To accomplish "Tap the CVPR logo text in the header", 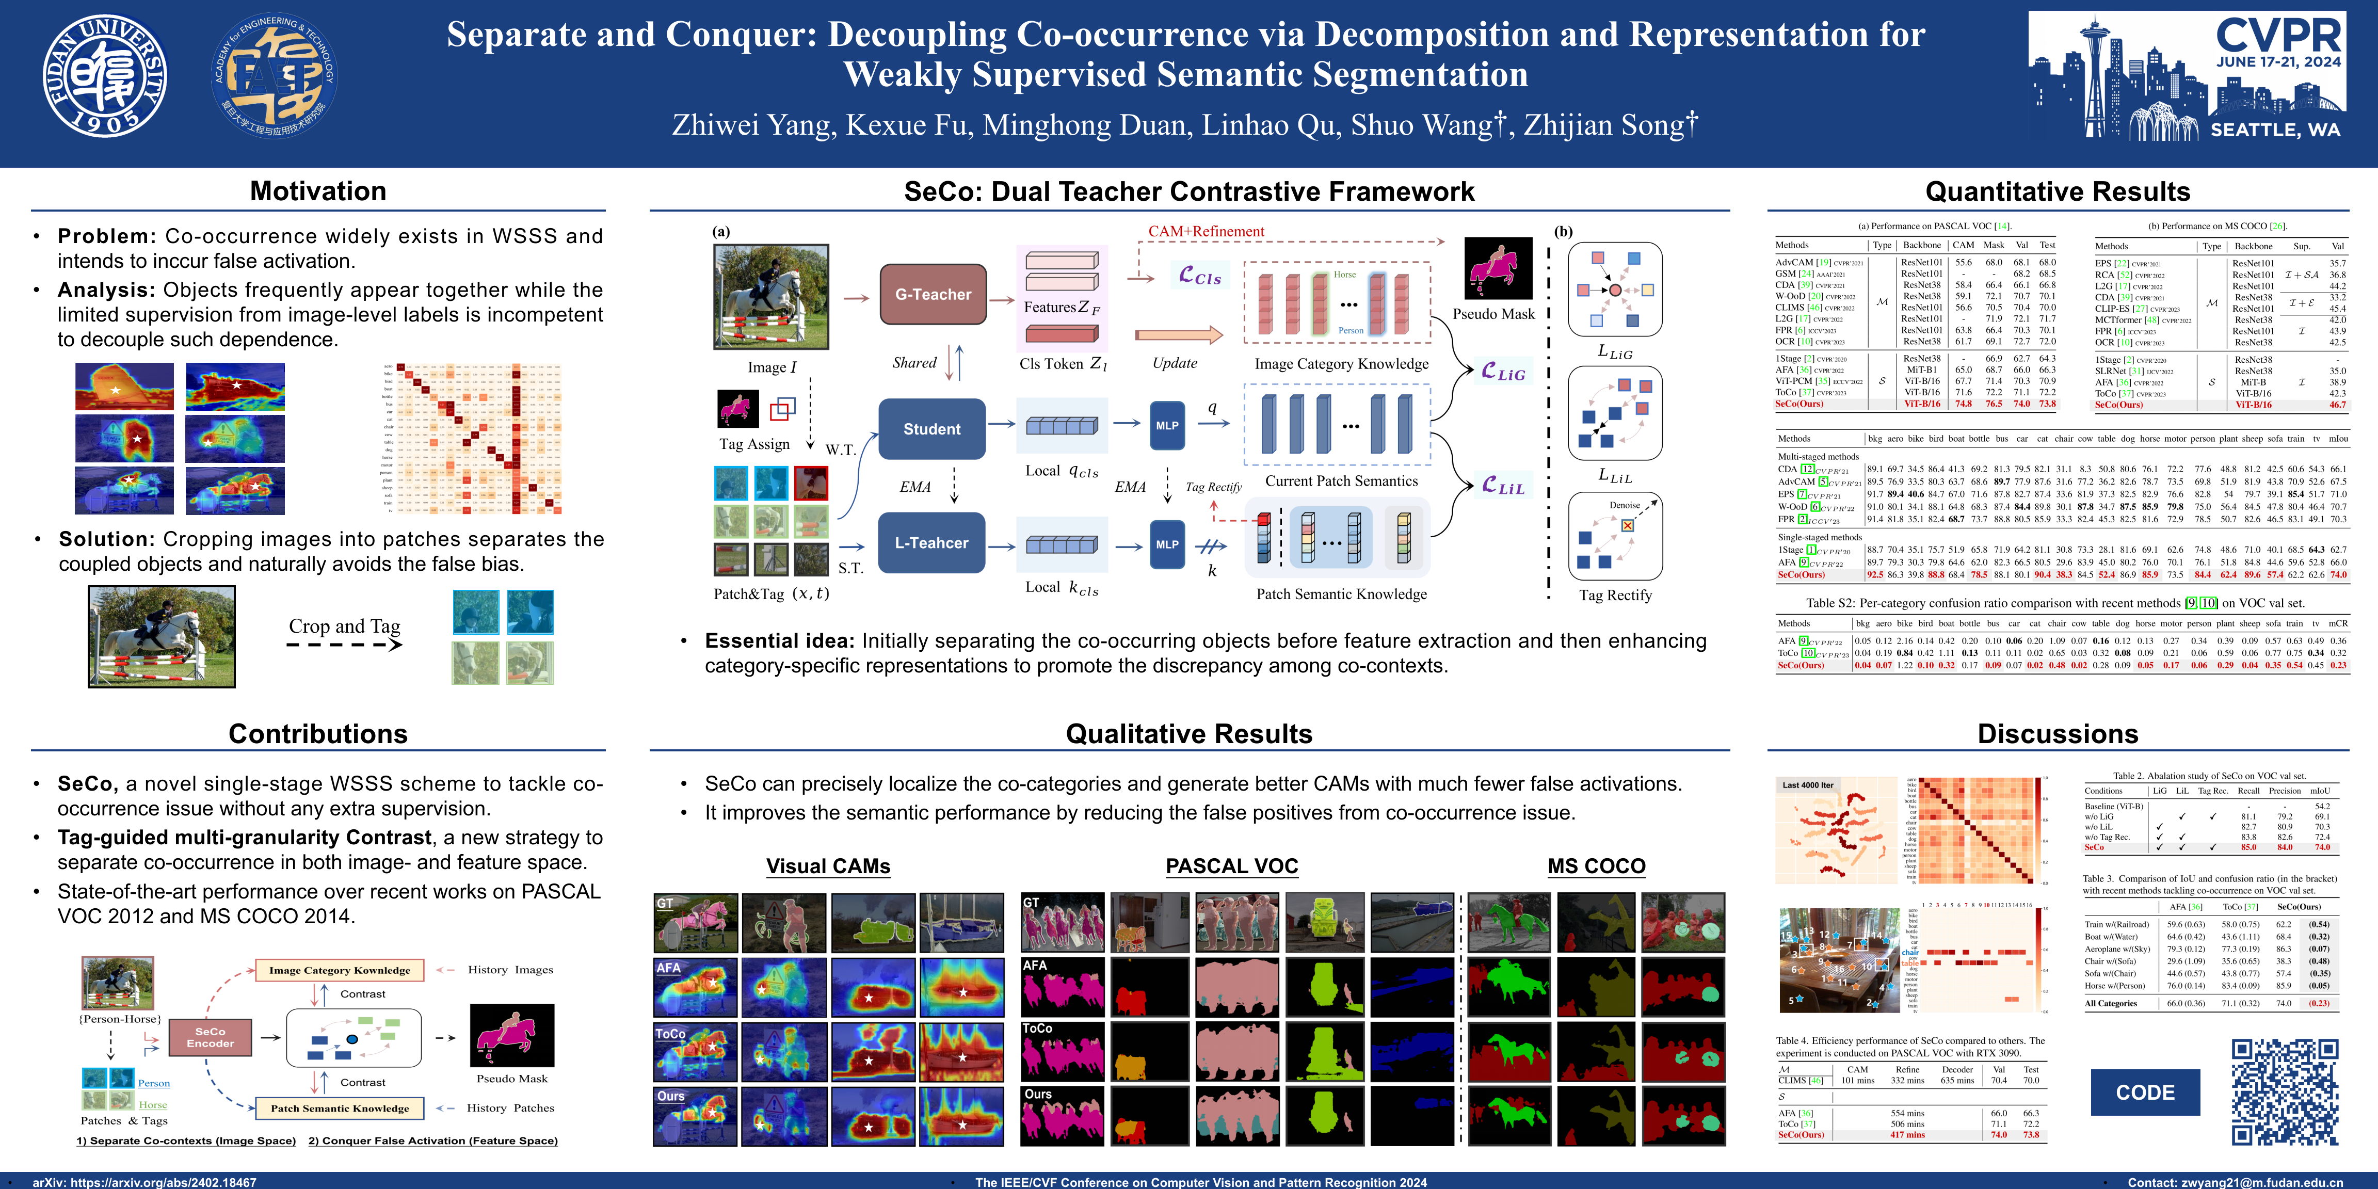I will pos(2278,35).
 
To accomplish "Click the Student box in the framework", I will pos(931,429).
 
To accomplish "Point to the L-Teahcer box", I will pos(931,543).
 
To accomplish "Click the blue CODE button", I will pos(2144,1092).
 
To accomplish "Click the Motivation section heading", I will pos(317,191).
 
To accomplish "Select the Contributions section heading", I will pos(317,734).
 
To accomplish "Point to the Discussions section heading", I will pos(2058,734).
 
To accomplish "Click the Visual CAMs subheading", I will pos(828,866).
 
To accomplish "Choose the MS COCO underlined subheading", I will pos(1596,866).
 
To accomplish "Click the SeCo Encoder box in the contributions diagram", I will pos(211,1038).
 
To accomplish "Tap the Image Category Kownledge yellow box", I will pos(340,970).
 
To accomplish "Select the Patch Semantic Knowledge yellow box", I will pos(340,1108).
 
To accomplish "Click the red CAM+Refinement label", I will pos(1206,232).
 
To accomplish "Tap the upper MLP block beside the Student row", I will pos(1167,426).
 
